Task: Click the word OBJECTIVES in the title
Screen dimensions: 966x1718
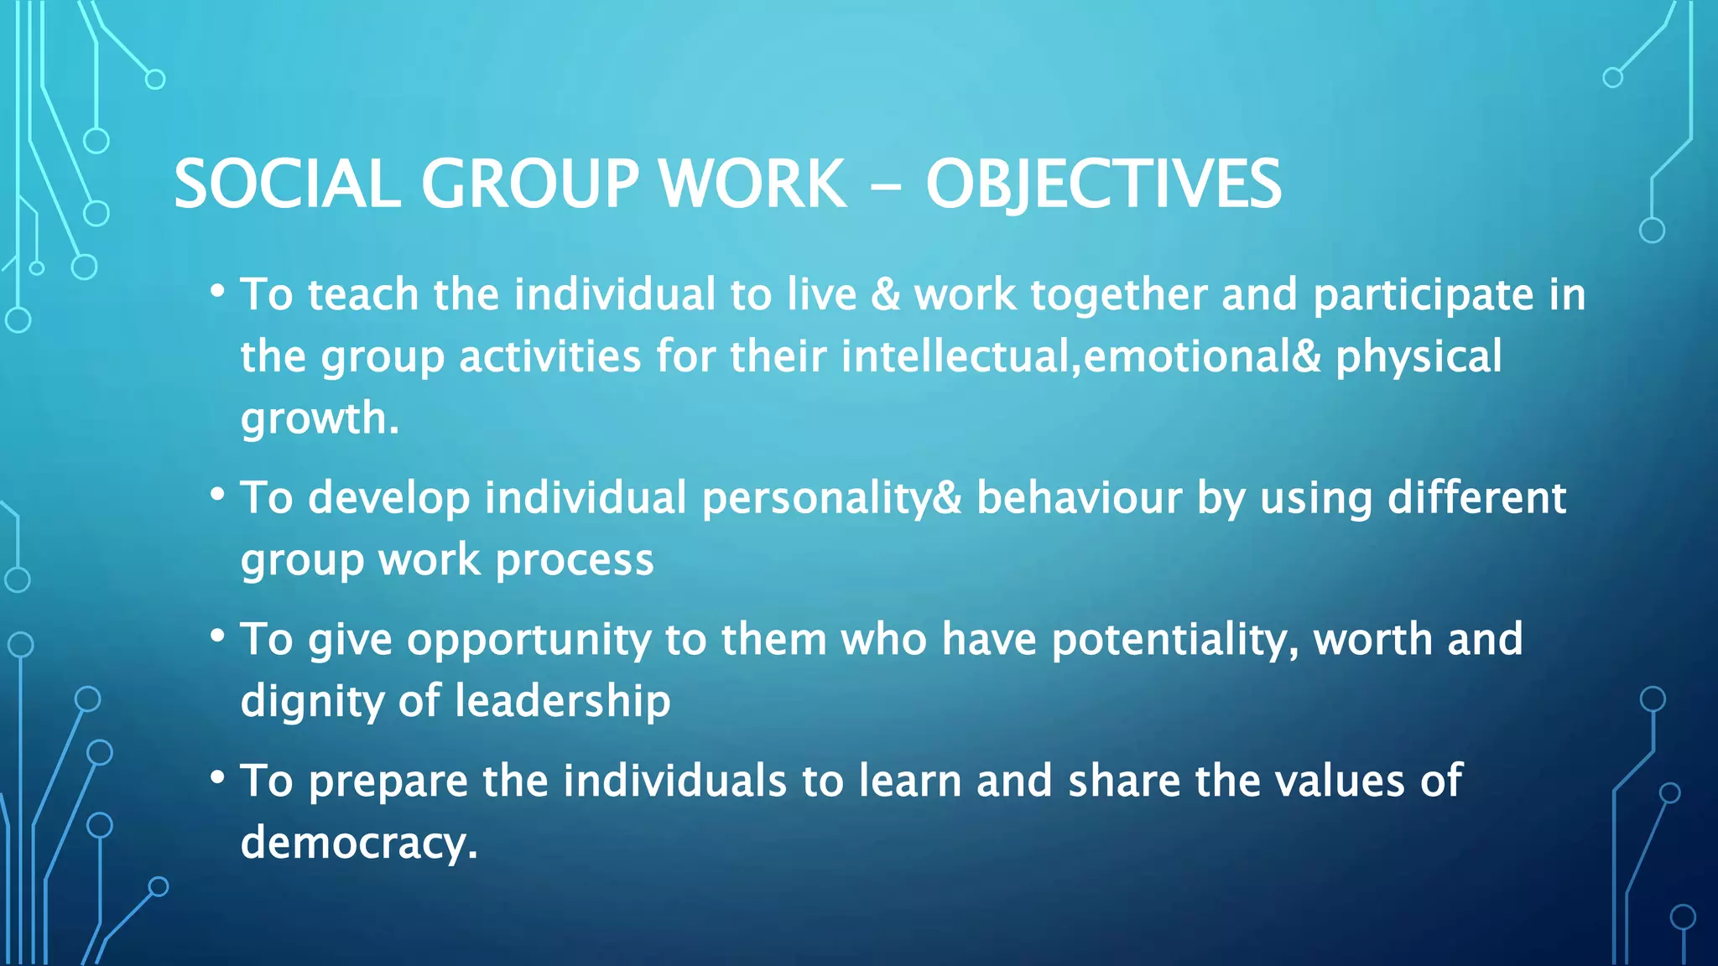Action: pyautogui.click(x=1103, y=184)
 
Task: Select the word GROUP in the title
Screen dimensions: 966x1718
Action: pyautogui.click(x=530, y=184)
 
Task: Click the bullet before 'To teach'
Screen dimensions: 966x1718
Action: pyautogui.click(x=217, y=293)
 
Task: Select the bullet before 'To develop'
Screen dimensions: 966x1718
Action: pyautogui.click(x=217, y=496)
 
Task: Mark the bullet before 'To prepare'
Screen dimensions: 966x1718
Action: pyautogui.click(x=217, y=779)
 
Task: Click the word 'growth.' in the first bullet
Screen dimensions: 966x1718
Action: pyautogui.click(x=320, y=418)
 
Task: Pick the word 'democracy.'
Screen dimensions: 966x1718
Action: pyautogui.click(x=359, y=842)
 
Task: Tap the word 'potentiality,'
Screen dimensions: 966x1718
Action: pyautogui.click(x=1175, y=639)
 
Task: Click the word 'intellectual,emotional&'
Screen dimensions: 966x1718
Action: pyautogui.click(x=1080, y=356)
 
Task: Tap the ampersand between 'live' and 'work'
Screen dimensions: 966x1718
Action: pyautogui.click(x=885, y=295)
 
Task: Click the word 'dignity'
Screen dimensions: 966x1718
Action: pyautogui.click(x=312, y=702)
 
